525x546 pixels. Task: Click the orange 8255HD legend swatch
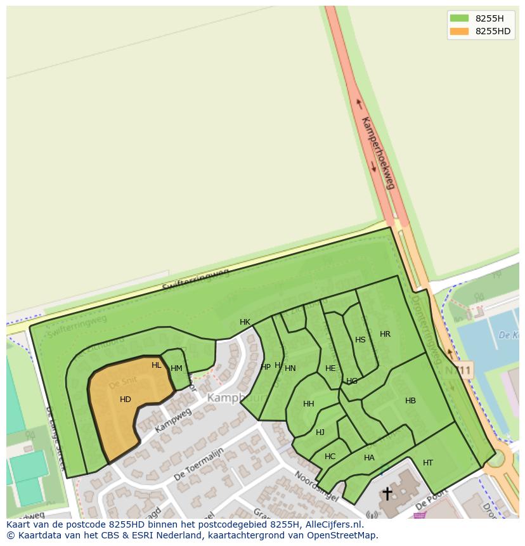click(459, 32)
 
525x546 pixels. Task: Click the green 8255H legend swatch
click(459, 18)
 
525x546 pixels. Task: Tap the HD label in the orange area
click(126, 400)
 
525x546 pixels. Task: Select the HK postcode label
click(245, 322)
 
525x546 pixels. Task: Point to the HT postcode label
click(428, 463)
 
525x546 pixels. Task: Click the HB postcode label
click(410, 401)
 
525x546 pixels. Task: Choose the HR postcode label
click(385, 334)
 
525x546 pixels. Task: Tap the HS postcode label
click(360, 340)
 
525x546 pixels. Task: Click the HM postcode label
click(176, 368)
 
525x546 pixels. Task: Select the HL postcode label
click(157, 365)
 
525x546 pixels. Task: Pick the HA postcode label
click(369, 458)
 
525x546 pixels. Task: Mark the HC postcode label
click(330, 457)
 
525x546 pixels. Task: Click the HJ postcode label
click(320, 432)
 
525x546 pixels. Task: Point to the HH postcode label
click(309, 404)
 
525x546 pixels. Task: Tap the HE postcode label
click(330, 368)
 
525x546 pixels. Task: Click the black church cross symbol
click(387, 493)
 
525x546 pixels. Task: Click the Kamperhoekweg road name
click(378, 152)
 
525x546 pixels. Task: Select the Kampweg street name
click(172, 422)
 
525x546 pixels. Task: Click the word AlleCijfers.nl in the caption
click(333, 524)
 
